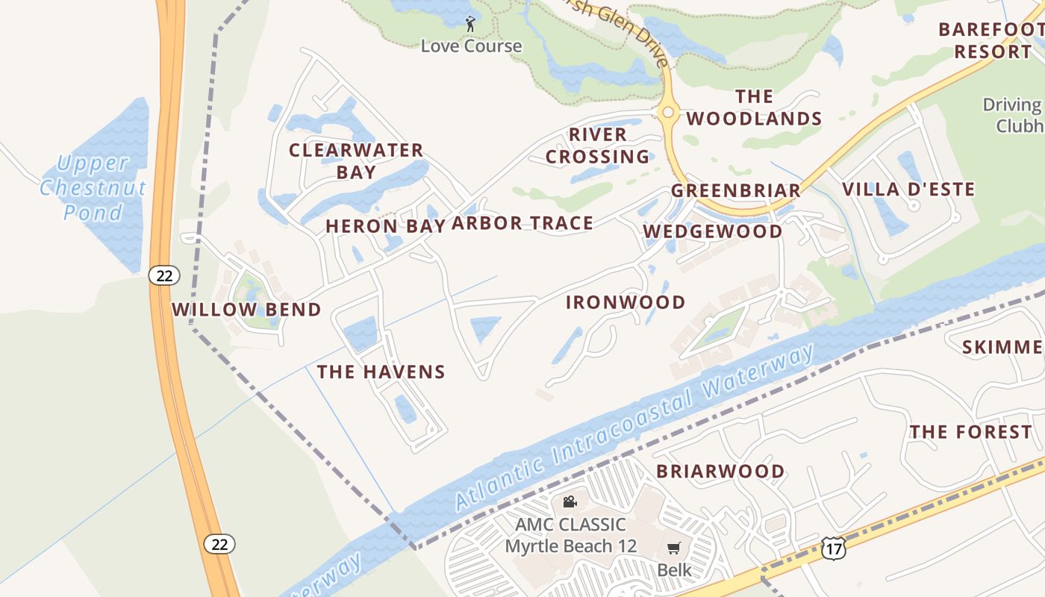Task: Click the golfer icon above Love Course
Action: pos(470,25)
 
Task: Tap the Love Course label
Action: pos(471,46)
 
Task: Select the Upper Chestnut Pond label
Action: pos(93,187)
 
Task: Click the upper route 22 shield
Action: pos(164,275)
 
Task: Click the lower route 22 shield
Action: pos(219,544)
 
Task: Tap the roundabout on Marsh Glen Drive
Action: pos(668,113)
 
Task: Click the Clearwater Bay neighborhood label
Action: pos(356,160)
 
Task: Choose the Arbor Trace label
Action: pos(522,223)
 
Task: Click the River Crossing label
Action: pos(598,146)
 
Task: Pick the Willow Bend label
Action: pos(246,310)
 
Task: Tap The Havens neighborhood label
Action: pos(381,372)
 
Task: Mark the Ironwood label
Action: pos(626,302)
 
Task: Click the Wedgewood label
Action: pos(713,231)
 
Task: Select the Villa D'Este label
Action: pos(908,190)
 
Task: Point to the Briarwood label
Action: pos(720,472)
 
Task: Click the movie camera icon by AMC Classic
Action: pos(570,501)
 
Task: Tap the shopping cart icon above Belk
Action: pos(674,548)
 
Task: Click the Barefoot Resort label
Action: pos(989,40)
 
